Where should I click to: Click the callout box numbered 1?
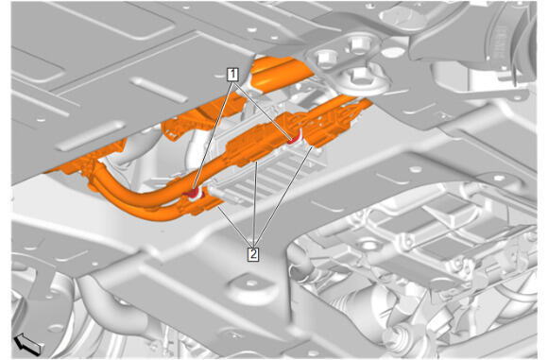click(232, 75)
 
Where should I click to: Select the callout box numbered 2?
click(253, 254)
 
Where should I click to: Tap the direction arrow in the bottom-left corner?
click(27, 343)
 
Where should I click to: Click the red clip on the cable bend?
click(193, 192)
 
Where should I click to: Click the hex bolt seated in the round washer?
click(359, 76)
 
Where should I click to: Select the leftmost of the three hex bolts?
click(325, 59)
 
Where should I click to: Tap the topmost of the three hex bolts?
click(360, 43)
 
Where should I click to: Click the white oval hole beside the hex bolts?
click(393, 52)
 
